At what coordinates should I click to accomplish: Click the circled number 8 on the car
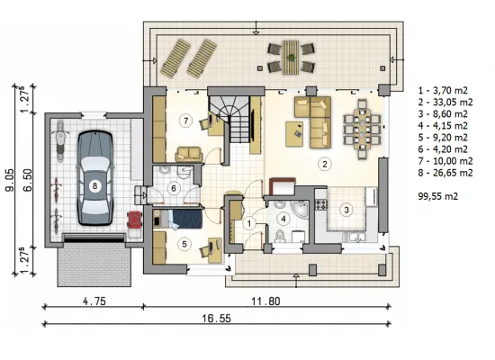point(94,186)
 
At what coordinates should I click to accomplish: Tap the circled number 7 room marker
point(185,121)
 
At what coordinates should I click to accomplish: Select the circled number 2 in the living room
point(324,164)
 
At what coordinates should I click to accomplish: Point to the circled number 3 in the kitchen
point(346,210)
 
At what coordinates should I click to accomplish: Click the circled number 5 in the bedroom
point(184,244)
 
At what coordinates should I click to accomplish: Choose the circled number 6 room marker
point(174,188)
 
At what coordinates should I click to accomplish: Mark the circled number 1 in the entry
point(249,223)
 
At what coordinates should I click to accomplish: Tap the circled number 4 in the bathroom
point(283,219)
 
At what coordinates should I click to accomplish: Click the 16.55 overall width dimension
point(216,319)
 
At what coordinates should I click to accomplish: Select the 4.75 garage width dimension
point(94,301)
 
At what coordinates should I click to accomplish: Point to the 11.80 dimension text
point(265,301)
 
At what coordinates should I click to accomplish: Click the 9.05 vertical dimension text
point(9,179)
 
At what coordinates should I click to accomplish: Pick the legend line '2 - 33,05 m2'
point(445,102)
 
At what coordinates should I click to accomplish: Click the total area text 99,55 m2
point(438,196)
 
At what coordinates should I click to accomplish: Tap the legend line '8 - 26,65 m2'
point(445,173)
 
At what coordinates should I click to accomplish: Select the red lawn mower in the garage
point(134,220)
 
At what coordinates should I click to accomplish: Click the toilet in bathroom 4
point(279,236)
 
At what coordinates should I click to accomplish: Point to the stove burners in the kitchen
point(321,204)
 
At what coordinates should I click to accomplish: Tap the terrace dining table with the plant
point(291,58)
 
